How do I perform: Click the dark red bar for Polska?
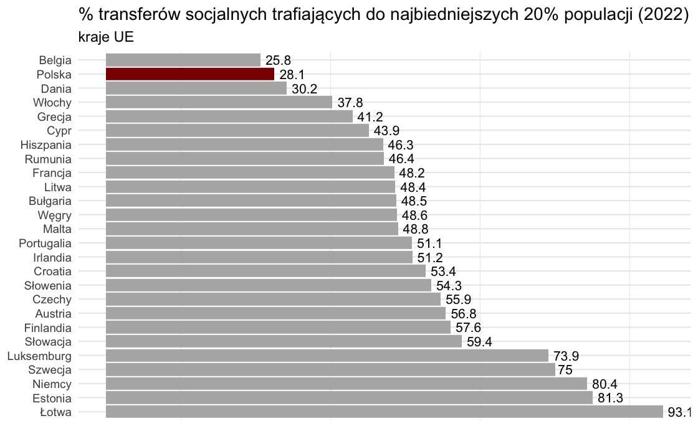[x=190, y=74]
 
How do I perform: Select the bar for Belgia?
[x=183, y=60]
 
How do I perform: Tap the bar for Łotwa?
[x=385, y=412]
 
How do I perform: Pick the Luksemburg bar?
[x=327, y=356]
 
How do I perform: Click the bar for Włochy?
[x=219, y=102]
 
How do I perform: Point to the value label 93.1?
[x=680, y=412]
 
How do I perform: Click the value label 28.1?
[x=292, y=75]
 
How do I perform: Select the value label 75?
[x=565, y=370]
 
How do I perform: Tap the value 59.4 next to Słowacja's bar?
[x=479, y=342]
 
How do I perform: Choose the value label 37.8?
[x=350, y=103]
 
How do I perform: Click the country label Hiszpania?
[x=46, y=145]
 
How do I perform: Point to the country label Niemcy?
[x=52, y=384]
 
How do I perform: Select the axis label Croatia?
[x=52, y=272]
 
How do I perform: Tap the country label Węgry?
[x=54, y=215]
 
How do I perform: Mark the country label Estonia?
[x=52, y=398]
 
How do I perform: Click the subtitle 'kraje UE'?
[x=106, y=37]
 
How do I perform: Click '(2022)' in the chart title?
[x=663, y=15]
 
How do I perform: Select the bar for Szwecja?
[x=330, y=369]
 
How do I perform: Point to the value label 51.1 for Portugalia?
[x=429, y=244]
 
